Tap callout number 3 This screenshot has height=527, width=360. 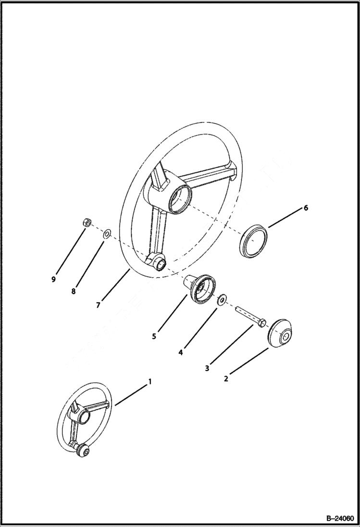tap(207, 368)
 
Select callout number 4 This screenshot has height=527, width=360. tap(180, 352)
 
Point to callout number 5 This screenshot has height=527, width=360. tap(154, 337)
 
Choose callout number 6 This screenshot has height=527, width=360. tap(305, 208)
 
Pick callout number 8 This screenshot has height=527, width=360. tap(73, 291)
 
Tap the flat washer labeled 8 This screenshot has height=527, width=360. tap(107, 234)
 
